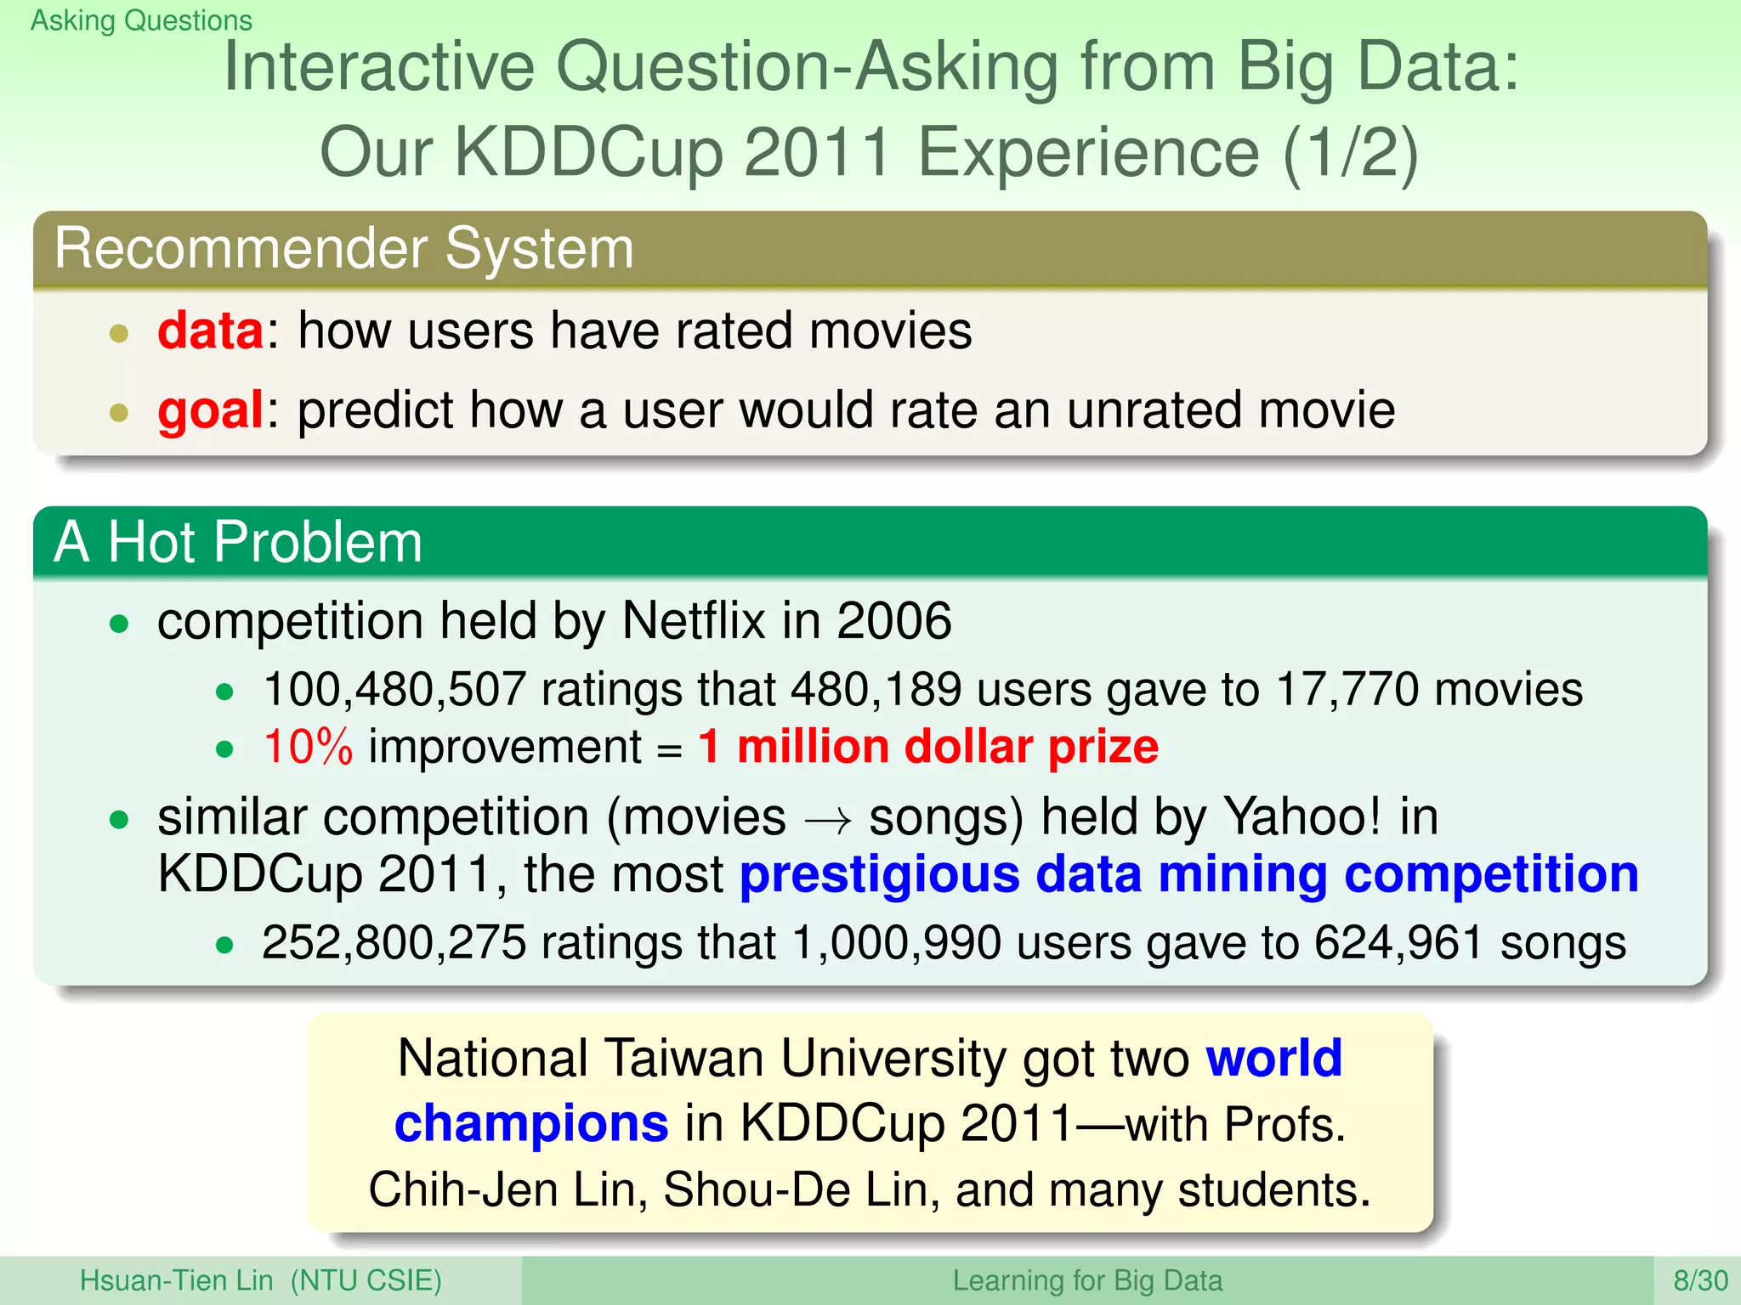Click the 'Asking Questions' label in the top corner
coord(141,20)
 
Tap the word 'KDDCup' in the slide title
coord(588,153)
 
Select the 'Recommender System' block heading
coord(344,249)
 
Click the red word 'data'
coord(210,330)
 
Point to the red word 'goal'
coord(210,410)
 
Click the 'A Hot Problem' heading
coord(238,542)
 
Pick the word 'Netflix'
coord(694,620)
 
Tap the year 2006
coord(893,620)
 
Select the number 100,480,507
coord(394,689)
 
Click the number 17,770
coord(1347,689)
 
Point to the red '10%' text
coord(308,748)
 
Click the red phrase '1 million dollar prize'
coord(928,748)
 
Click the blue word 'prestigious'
coord(879,875)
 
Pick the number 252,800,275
coord(394,943)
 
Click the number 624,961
coord(1398,943)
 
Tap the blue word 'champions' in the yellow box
coord(531,1124)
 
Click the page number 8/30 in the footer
coord(1700,1280)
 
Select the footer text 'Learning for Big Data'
coord(1086,1280)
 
